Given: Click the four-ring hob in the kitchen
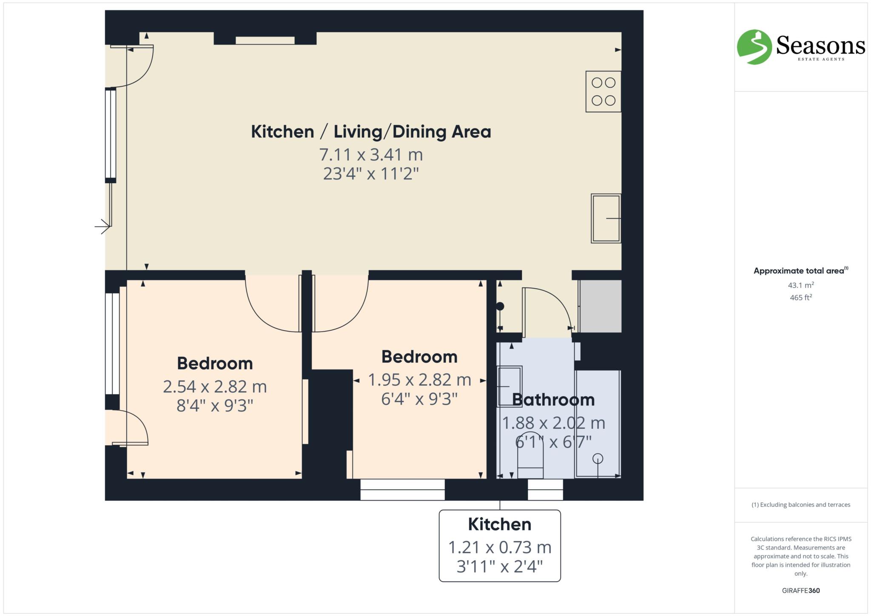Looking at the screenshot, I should pos(603,91).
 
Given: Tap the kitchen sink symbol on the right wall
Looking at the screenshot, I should pos(606,219).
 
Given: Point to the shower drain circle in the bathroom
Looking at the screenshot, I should pos(598,459).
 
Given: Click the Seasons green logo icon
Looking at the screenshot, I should pos(754,47).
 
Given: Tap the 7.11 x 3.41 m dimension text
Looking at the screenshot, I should pos(371,155).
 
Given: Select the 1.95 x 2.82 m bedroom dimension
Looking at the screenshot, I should pos(419,380).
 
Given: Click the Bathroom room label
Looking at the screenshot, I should pos(553,400).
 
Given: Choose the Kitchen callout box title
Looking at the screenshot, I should pos(500,525).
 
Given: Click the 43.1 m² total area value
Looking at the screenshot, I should pos(801,285).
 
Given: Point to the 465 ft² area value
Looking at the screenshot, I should pos(801,298).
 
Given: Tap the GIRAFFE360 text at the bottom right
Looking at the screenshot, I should pos(801,590).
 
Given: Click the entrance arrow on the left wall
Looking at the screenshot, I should pos(102,226).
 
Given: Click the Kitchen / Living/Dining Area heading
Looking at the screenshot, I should pos(371,132).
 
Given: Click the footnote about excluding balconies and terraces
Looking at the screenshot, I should pos(801,505).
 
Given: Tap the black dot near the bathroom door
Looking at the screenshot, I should pos(500,306).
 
